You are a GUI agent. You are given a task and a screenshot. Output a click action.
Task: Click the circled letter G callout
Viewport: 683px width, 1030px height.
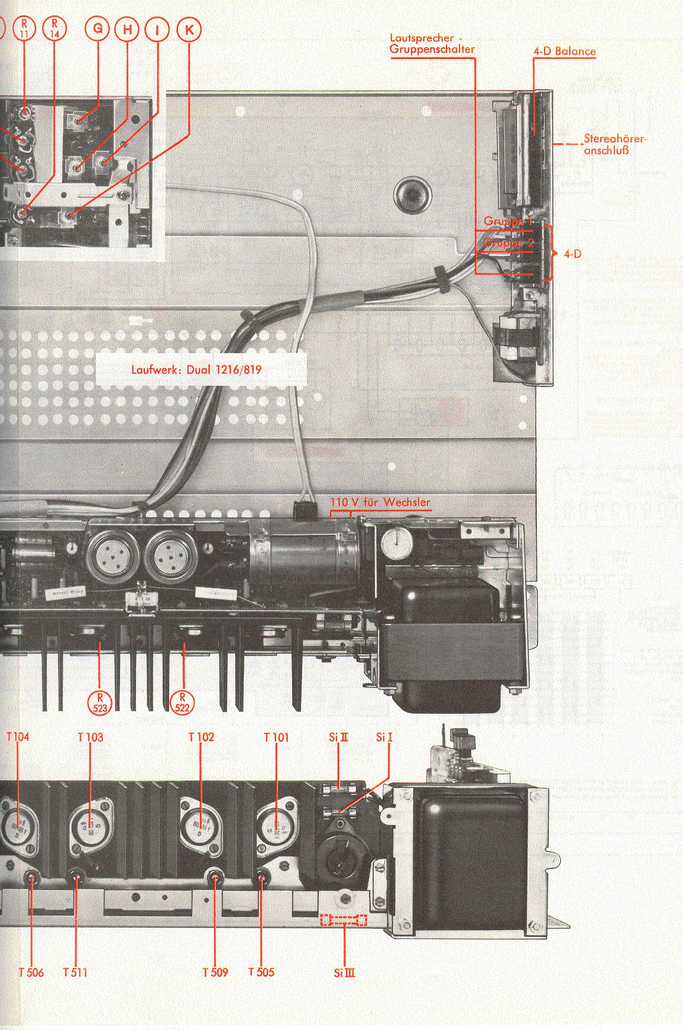[98, 30]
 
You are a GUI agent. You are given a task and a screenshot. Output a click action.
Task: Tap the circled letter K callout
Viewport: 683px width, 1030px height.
[189, 30]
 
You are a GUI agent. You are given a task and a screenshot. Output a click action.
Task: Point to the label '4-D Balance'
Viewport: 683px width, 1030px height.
[564, 51]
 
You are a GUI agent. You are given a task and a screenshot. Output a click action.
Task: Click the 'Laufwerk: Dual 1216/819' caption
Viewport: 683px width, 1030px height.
[196, 370]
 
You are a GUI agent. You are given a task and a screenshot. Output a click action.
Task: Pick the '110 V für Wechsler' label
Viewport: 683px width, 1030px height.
[380, 503]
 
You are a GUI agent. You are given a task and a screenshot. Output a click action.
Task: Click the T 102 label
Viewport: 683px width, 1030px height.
[201, 737]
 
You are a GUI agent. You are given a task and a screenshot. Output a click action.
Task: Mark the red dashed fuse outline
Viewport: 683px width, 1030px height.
[343, 920]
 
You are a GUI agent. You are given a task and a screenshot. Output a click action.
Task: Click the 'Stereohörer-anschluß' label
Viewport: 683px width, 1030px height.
[615, 145]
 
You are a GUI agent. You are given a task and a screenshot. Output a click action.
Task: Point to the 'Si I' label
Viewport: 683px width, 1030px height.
[384, 737]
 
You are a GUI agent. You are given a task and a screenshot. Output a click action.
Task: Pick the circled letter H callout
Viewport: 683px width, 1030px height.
[128, 30]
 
